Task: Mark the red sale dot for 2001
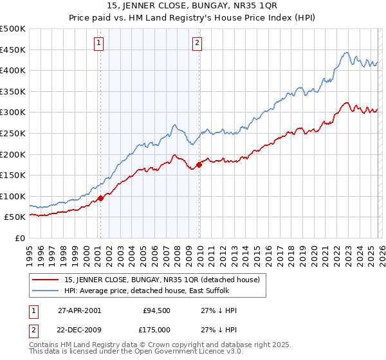(101, 198)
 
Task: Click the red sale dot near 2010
(199, 165)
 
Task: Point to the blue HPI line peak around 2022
(347, 53)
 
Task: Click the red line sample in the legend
(45, 280)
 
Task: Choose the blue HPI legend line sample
(45, 290)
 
